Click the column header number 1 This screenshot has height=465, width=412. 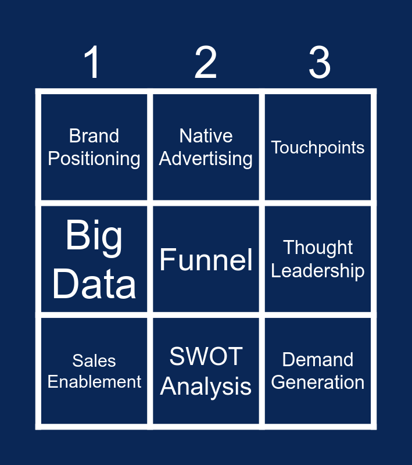[x=93, y=63]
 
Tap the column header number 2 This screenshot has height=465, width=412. [x=206, y=63]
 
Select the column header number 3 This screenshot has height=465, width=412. [x=319, y=63]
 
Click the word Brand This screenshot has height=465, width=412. [x=94, y=136]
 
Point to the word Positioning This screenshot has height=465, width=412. [x=94, y=159]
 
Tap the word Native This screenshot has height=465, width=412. [x=206, y=136]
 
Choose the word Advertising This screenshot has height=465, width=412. [x=206, y=159]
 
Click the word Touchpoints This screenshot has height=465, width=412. [x=318, y=148]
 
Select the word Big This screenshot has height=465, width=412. [x=94, y=236]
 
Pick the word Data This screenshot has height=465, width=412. [x=94, y=284]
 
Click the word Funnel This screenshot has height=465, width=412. [x=206, y=260]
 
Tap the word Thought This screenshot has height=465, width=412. [x=318, y=248]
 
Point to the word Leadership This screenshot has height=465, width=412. [x=318, y=271]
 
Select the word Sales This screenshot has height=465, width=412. [x=94, y=361]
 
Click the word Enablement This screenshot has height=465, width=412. [x=94, y=382]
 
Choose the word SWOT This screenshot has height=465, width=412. [x=206, y=356]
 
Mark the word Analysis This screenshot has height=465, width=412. [x=206, y=387]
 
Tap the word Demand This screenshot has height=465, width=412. [x=318, y=360]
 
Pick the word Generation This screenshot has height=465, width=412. [x=318, y=382]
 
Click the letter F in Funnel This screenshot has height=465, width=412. [x=167, y=260]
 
